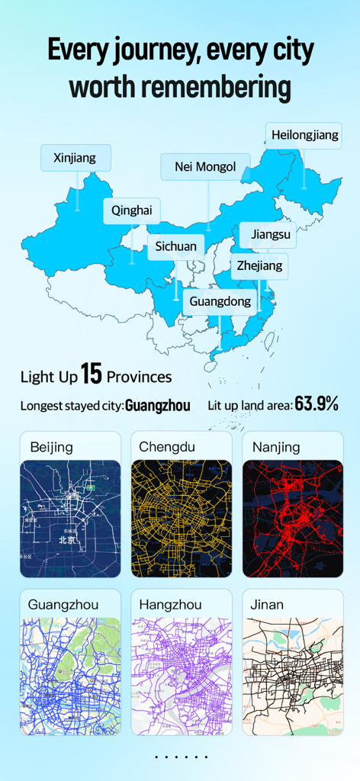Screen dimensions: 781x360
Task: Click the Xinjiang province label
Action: pos(75,158)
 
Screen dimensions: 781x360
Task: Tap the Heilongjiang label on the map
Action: pos(304,135)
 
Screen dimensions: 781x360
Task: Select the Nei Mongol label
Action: pos(205,166)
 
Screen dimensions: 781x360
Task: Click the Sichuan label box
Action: pos(175,246)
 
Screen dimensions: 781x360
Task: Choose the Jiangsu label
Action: pos(270,234)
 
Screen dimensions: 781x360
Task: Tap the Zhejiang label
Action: pos(259,265)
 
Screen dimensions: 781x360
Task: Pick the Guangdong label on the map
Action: pos(220,301)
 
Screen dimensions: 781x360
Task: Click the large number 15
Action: pos(91,374)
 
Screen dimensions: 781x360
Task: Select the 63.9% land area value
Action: pos(317,404)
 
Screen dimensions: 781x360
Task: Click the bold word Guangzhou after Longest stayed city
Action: pos(158,406)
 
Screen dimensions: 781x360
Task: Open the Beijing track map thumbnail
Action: pos(70,519)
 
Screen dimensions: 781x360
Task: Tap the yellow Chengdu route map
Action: pos(181,519)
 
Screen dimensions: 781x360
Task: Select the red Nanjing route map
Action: pos(292,519)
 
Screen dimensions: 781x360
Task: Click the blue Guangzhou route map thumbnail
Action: pos(70,676)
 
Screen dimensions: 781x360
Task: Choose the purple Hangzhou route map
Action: pos(181,676)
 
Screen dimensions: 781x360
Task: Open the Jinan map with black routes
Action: pos(292,676)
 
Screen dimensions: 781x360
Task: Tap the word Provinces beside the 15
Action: pos(139,377)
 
